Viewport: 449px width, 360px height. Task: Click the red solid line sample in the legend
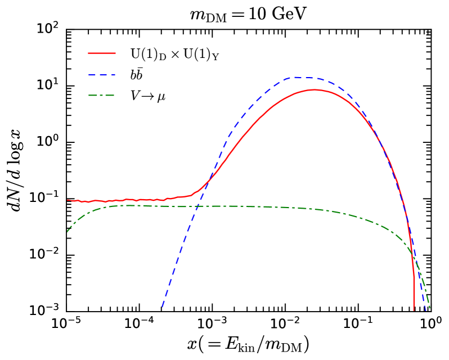point(102,53)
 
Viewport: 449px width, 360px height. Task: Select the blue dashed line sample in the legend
point(102,74)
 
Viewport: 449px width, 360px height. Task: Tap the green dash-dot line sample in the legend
point(102,95)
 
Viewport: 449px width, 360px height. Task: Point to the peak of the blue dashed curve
point(296,77)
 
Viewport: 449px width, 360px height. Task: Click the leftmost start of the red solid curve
point(68,200)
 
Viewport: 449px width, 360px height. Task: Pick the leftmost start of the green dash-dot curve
point(68,231)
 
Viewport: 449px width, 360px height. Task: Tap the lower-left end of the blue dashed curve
point(163,307)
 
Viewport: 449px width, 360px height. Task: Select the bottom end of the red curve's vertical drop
point(414,309)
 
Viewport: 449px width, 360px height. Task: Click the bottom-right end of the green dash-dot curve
point(430,308)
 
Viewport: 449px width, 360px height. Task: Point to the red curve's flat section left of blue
point(129,200)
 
